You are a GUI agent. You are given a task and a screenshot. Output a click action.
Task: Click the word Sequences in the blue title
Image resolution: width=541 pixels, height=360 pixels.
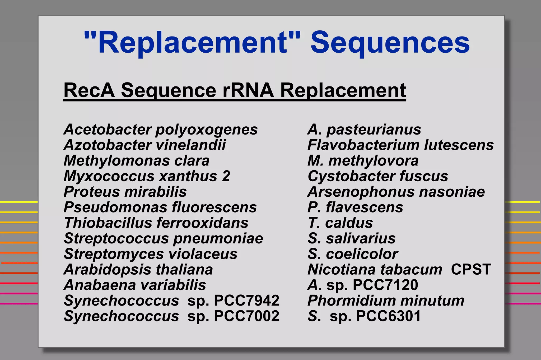[390, 43]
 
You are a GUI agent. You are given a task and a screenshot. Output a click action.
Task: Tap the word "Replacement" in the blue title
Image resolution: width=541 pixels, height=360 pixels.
[192, 43]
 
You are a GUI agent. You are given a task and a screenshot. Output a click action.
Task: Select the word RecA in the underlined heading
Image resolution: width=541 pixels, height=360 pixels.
[89, 90]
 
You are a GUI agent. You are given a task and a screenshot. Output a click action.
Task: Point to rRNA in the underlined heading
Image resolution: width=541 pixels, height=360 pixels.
[248, 90]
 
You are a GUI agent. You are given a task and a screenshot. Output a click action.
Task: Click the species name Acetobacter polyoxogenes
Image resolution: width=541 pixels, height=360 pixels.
[161, 130]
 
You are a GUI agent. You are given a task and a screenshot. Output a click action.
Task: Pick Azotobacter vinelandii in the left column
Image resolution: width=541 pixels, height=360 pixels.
[145, 145]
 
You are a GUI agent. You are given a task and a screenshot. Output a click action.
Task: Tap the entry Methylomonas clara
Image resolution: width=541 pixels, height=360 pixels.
[137, 161]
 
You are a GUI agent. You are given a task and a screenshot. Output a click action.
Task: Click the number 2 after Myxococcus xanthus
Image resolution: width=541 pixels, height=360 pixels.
[226, 176]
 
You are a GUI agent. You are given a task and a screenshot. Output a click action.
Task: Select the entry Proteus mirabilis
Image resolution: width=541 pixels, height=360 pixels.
[125, 192]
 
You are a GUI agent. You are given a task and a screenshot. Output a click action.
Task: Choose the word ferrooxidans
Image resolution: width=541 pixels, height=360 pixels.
[203, 223]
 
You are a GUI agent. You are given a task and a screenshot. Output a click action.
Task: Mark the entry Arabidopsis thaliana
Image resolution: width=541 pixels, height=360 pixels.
[138, 270]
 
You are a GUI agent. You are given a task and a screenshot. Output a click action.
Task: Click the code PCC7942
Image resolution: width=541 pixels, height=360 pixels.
[246, 301]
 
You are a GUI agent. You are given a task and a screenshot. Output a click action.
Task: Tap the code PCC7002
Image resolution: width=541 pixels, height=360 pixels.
[246, 316]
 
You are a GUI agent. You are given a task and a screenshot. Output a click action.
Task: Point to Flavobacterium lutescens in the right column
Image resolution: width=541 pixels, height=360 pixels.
[400, 145]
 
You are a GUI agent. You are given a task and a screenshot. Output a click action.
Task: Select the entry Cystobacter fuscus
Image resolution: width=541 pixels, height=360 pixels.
[378, 176]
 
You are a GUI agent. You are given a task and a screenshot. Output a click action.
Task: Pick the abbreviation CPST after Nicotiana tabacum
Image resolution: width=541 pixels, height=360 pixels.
[471, 270]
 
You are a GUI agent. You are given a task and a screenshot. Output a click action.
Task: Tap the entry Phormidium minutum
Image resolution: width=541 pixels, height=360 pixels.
[386, 301]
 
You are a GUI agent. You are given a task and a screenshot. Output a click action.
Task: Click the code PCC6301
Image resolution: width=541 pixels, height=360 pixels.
[388, 316]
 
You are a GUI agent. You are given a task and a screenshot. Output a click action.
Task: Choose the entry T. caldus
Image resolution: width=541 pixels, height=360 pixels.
[340, 223]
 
